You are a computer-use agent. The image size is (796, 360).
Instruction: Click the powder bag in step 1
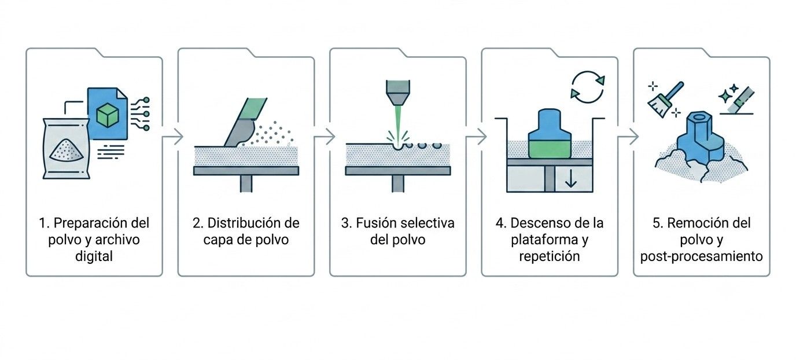click(x=66, y=149)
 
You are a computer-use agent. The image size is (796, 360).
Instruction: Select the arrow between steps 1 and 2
click(x=172, y=137)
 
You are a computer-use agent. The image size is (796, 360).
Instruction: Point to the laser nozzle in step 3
click(x=398, y=93)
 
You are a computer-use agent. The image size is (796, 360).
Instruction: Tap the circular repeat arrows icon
click(x=587, y=87)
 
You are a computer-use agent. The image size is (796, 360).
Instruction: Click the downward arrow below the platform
click(x=571, y=178)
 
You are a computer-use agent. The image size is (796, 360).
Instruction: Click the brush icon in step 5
click(x=665, y=100)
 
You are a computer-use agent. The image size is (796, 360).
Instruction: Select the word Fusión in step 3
click(x=376, y=223)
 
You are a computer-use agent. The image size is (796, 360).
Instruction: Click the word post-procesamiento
click(x=702, y=256)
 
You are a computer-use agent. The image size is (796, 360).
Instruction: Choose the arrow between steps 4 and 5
click(x=628, y=137)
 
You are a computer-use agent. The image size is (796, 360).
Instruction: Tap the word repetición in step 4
click(x=550, y=256)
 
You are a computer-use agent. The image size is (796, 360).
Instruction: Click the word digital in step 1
click(x=94, y=256)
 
